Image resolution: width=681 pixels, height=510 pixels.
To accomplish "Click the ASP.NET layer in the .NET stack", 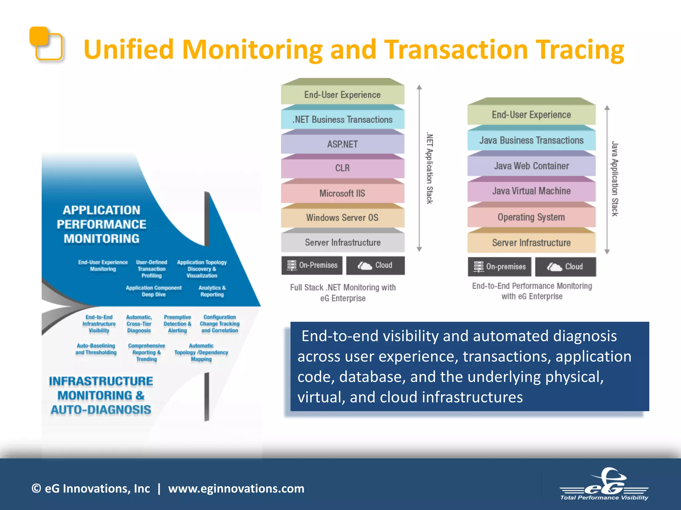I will (x=342, y=144).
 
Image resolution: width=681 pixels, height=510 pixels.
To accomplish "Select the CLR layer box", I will (x=342, y=168).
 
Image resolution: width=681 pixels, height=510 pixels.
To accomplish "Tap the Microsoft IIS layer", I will (x=342, y=193).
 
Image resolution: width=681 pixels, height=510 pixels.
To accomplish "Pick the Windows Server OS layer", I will (x=342, y=218).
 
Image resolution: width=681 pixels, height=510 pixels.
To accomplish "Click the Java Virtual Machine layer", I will (x=531, y=191).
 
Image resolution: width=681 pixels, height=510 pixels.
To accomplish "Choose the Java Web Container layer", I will (x=531, y=166).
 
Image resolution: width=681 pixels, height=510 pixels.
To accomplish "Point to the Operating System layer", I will (x=531, y=217).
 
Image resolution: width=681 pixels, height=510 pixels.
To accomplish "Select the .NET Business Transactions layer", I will (x=342, y=120).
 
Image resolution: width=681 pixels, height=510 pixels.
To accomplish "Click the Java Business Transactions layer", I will (x=531, y=140).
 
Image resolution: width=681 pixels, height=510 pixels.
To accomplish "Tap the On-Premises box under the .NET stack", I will (x=312, y=265).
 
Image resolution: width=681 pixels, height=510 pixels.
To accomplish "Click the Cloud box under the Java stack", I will (x=566, y=267).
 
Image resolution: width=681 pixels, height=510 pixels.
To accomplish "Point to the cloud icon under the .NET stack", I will (x=365, y=266).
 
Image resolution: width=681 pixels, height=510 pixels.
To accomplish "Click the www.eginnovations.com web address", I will (x=236, y=488).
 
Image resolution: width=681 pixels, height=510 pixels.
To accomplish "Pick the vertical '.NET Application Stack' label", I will (x=430, y=169).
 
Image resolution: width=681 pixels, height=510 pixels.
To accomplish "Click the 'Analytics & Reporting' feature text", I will (x=212, y=291).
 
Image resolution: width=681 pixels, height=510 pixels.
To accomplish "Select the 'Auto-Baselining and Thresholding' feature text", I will (x=96, y=349).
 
